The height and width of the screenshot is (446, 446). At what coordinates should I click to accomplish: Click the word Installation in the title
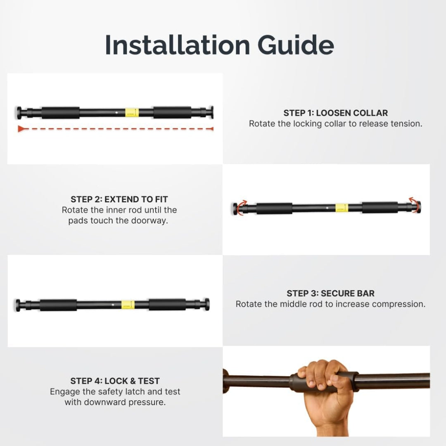click(x=178, y=45)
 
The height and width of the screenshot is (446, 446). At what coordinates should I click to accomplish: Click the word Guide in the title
click(x=296, y=45)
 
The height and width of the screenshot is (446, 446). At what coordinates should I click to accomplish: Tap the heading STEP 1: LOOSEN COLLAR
click(x=336, y=113)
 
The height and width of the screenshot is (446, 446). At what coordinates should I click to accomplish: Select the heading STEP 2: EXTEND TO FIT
click(x=119, y=199)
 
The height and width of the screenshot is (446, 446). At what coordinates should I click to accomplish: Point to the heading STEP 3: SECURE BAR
click(x=330, y=293)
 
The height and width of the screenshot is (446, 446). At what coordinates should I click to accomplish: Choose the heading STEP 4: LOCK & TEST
click(x=115, y=381)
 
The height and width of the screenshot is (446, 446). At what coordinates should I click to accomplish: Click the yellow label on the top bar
click(x=132, y=113)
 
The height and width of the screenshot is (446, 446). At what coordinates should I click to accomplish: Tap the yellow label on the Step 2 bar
click(x=342, y=208)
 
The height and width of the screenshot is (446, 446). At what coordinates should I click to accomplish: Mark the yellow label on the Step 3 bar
click(x=128, y=305)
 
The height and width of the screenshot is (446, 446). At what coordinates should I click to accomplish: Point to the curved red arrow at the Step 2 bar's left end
click(x=241, y=208)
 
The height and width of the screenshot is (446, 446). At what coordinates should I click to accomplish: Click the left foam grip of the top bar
click(x=61, y=113)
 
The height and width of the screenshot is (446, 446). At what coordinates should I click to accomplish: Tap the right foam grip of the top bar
click(x=172, y=112)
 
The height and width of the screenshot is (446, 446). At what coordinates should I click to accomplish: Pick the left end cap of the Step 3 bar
click(x=18, y=305)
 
